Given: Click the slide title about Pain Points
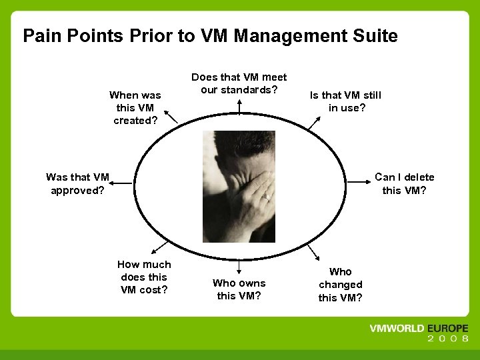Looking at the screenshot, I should [210, 35].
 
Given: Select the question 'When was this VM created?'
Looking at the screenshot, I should [135, 108].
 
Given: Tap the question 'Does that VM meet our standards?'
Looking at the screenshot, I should [239, 83].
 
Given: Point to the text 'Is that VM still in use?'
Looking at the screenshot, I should [345, 101].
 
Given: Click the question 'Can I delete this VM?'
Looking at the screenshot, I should [404, 183].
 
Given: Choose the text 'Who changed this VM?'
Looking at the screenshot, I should [340, 285].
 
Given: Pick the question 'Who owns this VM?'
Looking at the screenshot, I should [239, 289].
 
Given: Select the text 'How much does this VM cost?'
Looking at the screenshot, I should [144, 277].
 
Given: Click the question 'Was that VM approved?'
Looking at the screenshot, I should [77, 183].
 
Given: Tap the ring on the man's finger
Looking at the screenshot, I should [265, 197].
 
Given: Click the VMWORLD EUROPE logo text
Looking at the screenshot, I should [419, 329].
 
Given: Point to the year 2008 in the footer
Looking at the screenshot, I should [448, 339].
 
